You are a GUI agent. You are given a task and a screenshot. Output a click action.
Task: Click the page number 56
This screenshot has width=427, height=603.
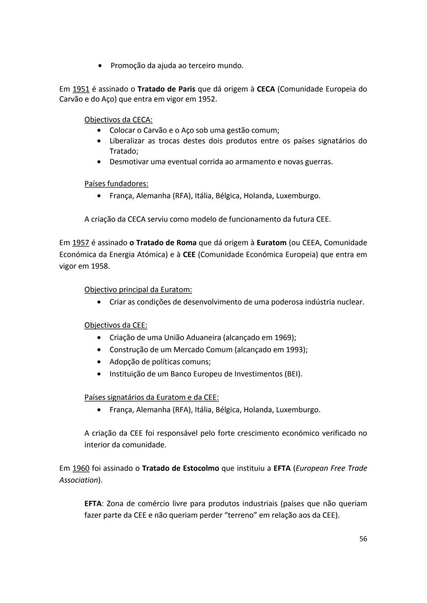pyautogui.click(x=363, y=539)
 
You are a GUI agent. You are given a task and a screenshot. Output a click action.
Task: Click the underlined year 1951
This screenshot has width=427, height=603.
pyautogui.click(x=81, y=89)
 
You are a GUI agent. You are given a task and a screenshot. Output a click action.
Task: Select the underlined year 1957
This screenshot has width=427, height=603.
pyautogui.click(x=81, y=242)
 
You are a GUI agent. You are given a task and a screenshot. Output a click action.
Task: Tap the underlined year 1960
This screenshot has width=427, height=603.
pyautogui.click(x=81, y=468)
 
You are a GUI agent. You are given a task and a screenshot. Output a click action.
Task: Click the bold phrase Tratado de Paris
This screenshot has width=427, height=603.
pyautogui.click(x=166, y=89)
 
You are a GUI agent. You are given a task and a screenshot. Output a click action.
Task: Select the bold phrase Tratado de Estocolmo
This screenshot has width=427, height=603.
pyautogui.click(x=180, y=468)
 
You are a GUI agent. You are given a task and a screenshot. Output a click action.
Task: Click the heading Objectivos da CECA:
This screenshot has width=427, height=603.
pyautogui.click(x=118, y=120)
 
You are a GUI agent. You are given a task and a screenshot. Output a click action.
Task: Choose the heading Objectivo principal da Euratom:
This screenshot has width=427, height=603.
pyautogui.click(x=138, y=290)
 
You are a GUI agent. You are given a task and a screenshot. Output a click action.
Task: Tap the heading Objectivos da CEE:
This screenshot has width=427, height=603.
pyautogui.click(x=115, y=325)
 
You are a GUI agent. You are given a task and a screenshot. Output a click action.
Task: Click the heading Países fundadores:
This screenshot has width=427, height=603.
pyautogui.click(x=116, y=184)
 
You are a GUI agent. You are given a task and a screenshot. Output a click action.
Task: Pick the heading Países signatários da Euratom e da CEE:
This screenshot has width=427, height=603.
pyautogui.click(x=151, y=397)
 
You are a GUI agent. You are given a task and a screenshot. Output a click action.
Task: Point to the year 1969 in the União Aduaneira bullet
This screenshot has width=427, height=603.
pyautogui.click(x=283, y=338)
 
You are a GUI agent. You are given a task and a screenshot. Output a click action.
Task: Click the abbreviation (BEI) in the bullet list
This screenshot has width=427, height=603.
pyautogui.click(x=293, y=374)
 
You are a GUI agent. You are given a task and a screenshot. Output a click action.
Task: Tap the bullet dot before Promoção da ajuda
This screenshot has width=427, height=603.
pyautogui.click(x=101, y=66)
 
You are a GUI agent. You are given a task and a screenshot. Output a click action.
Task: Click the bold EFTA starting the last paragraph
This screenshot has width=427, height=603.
pyautogui.click(x=93, y=503)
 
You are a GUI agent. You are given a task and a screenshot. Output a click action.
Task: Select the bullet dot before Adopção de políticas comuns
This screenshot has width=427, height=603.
pyautogui.click(x=99, y=362)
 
